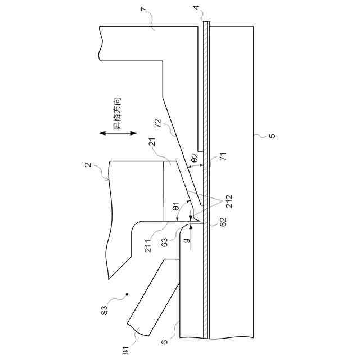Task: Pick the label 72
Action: pos(159,123)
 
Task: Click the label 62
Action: pos(223,221)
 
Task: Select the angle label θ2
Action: pos(194,159)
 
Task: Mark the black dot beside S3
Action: pos(128,294)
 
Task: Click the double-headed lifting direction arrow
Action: pos(118,133)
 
